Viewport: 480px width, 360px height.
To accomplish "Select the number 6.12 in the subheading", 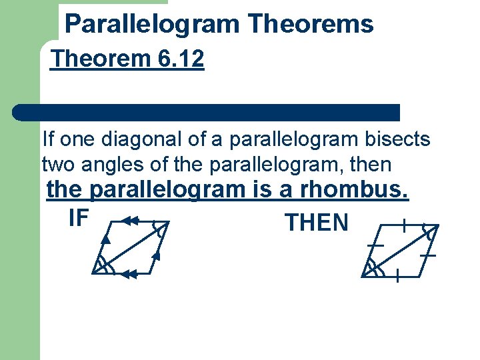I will pyautogui.click(x=181, y=59).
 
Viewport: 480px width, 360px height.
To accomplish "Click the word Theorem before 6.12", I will pyautogui.click(x=101, y=59).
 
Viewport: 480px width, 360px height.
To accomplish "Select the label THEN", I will pyautogui.click(x=316, y=223).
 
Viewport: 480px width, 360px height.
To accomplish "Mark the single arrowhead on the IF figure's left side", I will pyautogui.click(x=105, y=238).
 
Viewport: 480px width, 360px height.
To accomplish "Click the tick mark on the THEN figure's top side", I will pyautogui.click(x=404, y=225).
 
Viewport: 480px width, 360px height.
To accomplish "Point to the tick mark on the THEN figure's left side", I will pyautogui.click(x=375, y=245).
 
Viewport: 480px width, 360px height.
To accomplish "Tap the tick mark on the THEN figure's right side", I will pyautogui.click(x=428, y=255).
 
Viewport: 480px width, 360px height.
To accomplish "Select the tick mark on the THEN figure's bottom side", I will pyautogui.click(x=397, y=275).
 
